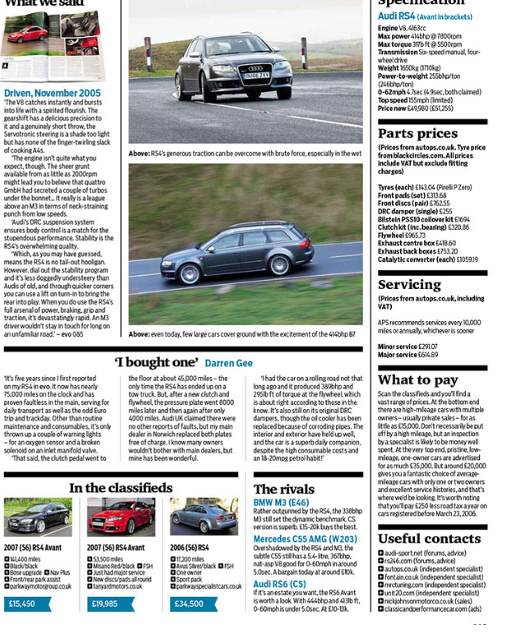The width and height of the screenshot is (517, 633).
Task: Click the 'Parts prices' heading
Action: (417, 134)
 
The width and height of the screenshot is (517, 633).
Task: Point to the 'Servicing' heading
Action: (411, 285)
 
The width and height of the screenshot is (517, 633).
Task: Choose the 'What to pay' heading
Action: (417, 379)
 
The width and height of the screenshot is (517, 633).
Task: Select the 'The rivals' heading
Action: (283, 489)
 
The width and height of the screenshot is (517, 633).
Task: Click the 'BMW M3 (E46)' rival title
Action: (282, 502)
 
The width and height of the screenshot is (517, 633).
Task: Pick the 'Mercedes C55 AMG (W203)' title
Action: (305, 540)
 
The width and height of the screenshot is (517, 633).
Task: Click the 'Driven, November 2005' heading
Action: (53, 94)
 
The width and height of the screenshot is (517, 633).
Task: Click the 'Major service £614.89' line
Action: (408, 355)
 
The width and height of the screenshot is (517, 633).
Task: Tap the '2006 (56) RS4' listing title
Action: (192, 547)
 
